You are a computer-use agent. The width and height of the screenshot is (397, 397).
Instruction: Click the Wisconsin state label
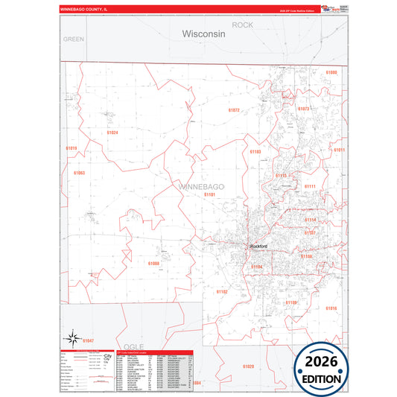coord(204,34)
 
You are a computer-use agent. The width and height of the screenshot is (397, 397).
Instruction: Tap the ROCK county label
coord(243,25)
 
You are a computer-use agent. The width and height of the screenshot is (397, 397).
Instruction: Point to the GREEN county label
coord(74,38)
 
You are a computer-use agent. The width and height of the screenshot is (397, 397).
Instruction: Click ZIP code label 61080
coord(331,72)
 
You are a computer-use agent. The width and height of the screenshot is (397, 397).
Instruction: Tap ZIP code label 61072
coord(234,110)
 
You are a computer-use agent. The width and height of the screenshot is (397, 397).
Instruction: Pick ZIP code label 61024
coord(112,133)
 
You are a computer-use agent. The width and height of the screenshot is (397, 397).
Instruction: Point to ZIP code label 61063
coord(79,172)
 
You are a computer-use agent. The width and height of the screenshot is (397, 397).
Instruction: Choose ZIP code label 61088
coord(153,263)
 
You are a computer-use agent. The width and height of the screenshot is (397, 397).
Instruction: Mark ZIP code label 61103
coord(255,152)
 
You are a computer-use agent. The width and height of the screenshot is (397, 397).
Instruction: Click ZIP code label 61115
coord(281,176)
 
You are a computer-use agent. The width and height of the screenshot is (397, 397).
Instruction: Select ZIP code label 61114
coord(310,220)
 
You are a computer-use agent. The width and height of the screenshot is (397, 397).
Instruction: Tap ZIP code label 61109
coord(290,302)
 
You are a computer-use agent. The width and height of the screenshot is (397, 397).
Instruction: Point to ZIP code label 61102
coord(221,292)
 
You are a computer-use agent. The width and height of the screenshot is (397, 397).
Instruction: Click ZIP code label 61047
coord(89,340)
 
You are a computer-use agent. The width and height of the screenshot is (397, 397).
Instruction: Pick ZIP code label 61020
coord(248,366)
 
